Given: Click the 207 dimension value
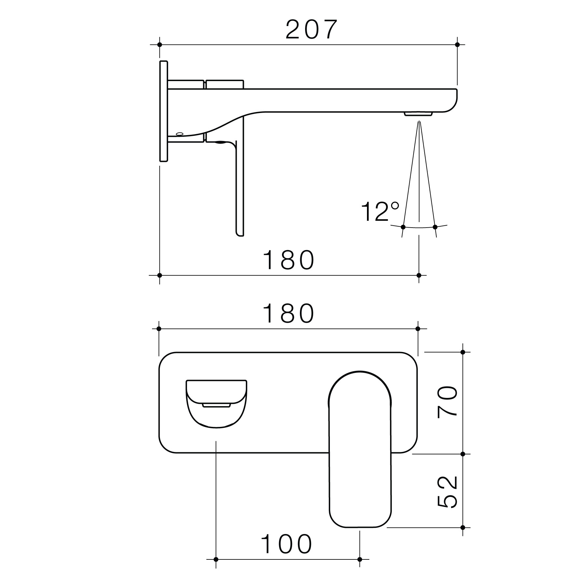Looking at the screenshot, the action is pos(311,30).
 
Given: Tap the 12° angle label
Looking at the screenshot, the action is pos(380,212).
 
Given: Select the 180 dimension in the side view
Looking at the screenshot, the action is pos(289,260).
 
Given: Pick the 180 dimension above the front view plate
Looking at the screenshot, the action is pos(289,314).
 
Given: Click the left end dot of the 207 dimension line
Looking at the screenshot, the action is pos(160,45).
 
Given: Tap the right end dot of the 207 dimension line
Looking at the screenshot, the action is pos(457,45).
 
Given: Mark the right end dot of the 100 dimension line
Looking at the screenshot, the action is pos(360,559).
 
